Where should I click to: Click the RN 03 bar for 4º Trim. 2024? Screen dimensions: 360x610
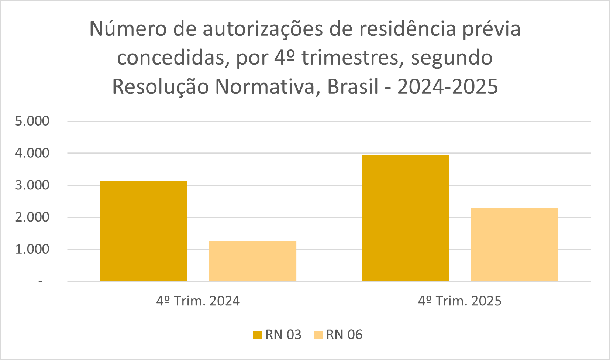(144, 231)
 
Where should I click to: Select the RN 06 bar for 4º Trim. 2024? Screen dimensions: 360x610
(252, 261)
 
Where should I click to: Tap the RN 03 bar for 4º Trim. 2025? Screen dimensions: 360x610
(405, 218)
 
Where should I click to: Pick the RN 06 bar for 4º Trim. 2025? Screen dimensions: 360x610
(514, 244)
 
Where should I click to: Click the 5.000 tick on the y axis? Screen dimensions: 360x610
(32, 121)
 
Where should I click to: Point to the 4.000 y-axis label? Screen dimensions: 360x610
(32, 153)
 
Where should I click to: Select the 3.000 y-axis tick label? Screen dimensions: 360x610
(32, 185)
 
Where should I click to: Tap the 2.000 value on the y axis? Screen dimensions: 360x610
(32, 217)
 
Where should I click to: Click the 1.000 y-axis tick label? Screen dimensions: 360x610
(32, 249)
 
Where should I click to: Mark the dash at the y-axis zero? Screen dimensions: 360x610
(41, 282)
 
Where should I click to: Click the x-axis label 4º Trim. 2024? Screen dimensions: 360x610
(198, 301)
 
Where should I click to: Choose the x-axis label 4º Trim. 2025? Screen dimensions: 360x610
(459, 301)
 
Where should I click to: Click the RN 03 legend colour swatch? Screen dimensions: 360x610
(257, 335)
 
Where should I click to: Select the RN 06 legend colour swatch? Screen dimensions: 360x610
(318, 335)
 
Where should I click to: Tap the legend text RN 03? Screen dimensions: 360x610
(283, 335)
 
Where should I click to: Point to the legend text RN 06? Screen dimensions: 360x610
(344, 335)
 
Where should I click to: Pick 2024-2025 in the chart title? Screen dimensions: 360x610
(448, 87)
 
